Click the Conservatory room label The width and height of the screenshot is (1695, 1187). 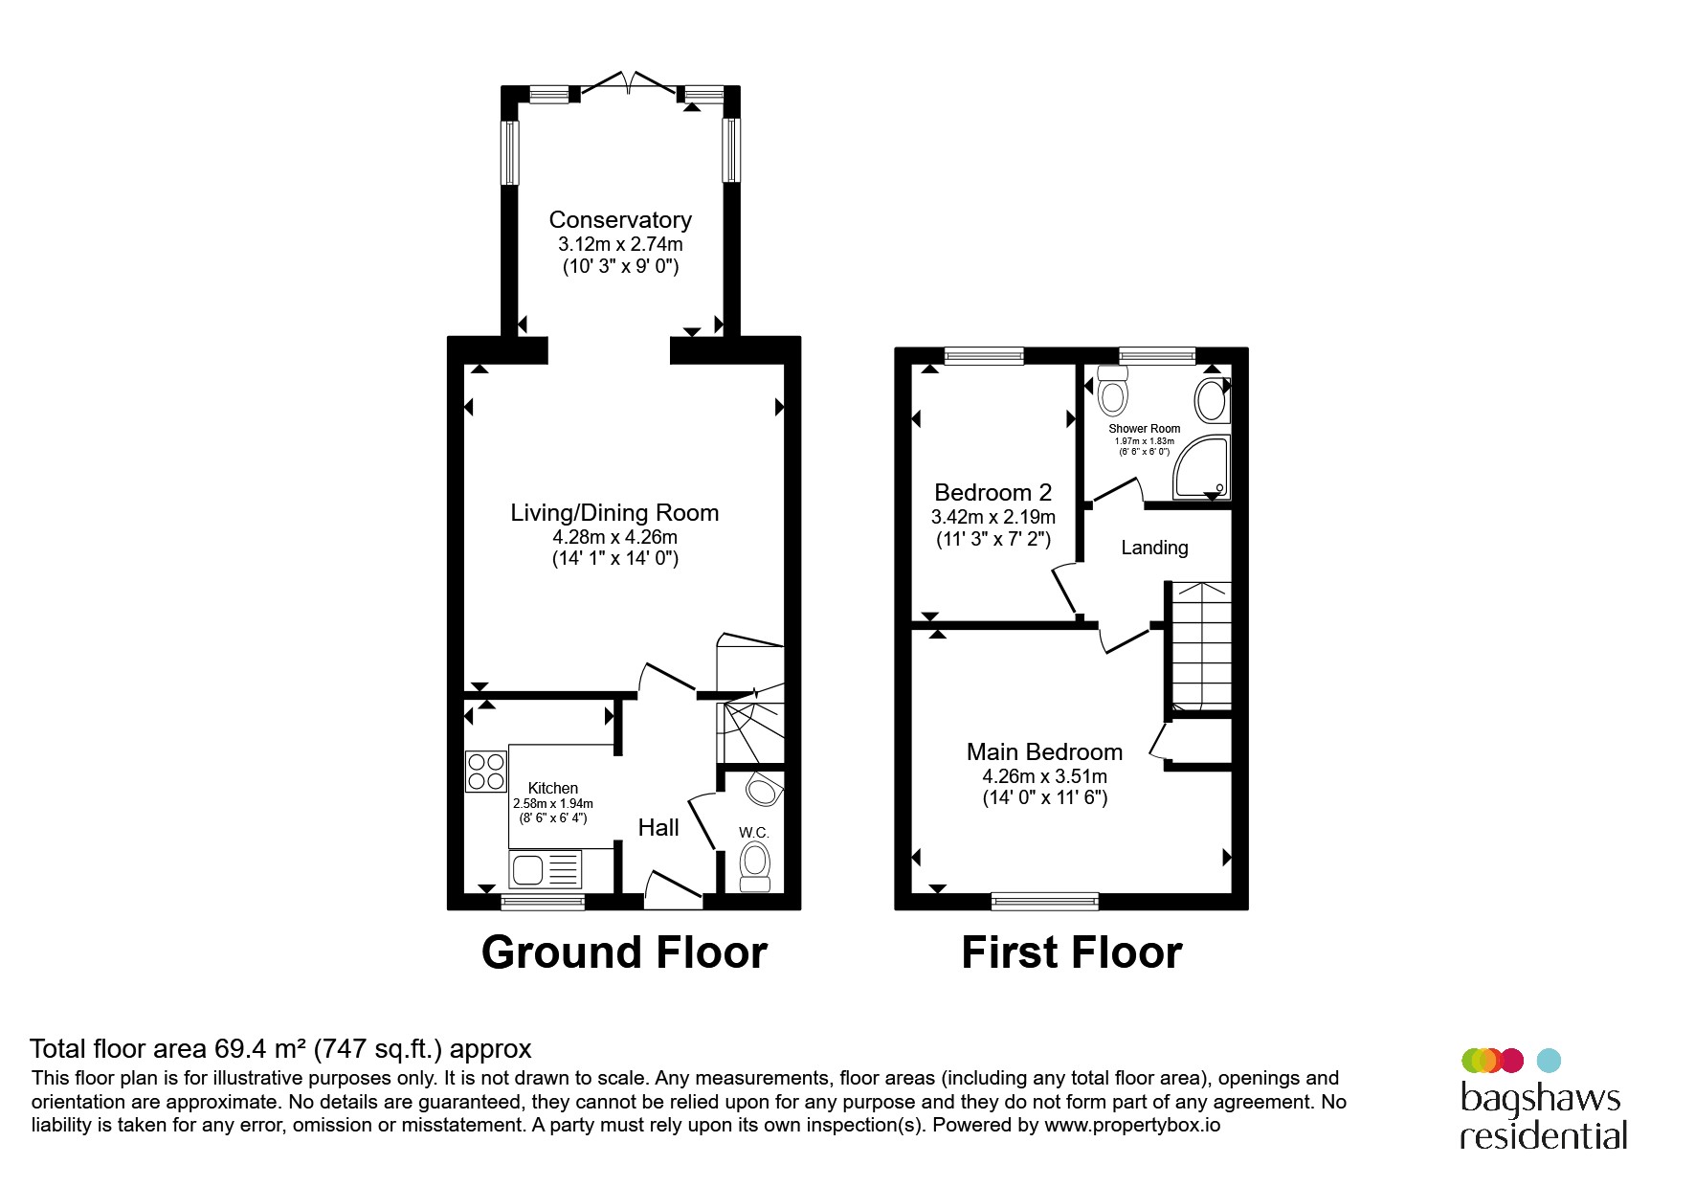click(x=620, y=220)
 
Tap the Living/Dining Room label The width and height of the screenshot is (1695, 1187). click(x=614, y=513)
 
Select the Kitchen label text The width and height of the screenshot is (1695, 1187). click(x=553, y=788)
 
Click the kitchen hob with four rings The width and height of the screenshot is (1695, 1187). click(x=486, y=772)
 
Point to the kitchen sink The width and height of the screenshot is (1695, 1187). click(x=546, y=870)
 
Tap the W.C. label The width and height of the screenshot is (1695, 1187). click(x=754, y=833)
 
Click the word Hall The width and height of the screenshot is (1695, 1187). click(x=658, y=828)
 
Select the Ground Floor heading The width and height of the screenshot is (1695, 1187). click(x=624, y=952)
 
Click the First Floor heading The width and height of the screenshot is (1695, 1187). click(x=1072, y=952)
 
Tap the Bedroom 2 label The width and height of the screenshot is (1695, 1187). click(x=993, y=493)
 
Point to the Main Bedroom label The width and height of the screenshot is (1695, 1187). click(x=1045, y=752)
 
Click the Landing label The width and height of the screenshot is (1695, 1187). click(x=1154, y=548)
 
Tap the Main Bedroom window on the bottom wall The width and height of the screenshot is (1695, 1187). click(x=1045, y=901)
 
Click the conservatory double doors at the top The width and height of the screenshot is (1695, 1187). click(x=628, y=84)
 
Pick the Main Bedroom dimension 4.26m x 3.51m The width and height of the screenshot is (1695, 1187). click(x=1045, y=776)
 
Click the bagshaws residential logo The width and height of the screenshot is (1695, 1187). click(x=1543, y=1100)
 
